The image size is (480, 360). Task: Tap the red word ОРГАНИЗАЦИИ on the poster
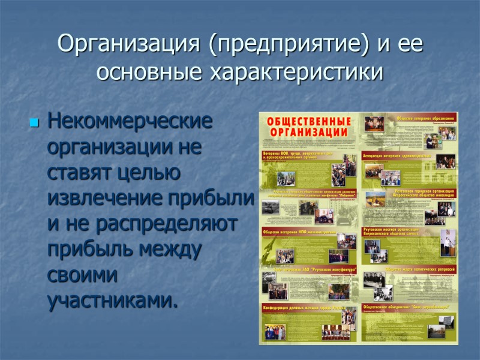309,132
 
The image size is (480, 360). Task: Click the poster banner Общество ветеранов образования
424,118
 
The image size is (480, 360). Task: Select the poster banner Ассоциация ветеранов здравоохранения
398,155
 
